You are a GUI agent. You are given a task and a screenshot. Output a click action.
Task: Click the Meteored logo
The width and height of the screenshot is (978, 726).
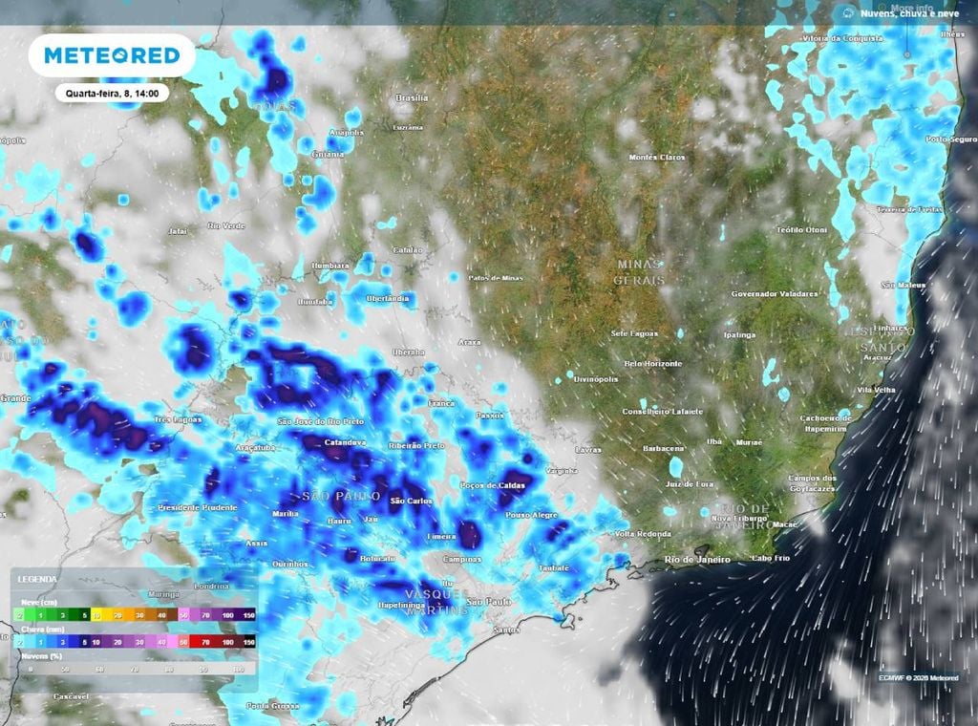point(112,55)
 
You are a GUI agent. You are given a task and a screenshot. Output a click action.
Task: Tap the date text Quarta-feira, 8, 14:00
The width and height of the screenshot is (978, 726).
point(112,94)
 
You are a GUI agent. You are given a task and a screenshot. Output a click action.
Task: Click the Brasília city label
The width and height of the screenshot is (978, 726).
point(412,98)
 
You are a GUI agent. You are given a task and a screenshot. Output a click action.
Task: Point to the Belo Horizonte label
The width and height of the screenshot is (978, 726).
point(653,364)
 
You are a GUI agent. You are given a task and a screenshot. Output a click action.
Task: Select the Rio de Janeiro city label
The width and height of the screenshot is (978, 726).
point(699,559)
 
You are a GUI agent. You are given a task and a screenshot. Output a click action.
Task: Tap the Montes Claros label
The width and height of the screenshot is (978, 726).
point(657,157)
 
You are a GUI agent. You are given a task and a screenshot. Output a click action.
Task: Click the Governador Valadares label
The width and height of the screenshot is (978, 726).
point(775,294)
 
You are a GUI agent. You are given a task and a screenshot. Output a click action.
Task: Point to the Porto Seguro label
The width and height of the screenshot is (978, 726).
point(951,139)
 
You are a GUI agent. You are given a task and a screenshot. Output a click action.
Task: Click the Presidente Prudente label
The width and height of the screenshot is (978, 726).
point(198,507)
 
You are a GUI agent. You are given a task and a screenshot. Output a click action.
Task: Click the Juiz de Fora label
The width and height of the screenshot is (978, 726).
point(691,484)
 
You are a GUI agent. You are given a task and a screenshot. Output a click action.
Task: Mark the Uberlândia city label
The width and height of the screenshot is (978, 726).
point(388,299)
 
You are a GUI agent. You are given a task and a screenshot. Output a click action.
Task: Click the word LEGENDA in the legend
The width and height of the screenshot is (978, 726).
point(37,580)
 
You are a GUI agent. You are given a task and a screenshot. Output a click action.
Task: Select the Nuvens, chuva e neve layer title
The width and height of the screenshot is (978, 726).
point(908,13)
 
